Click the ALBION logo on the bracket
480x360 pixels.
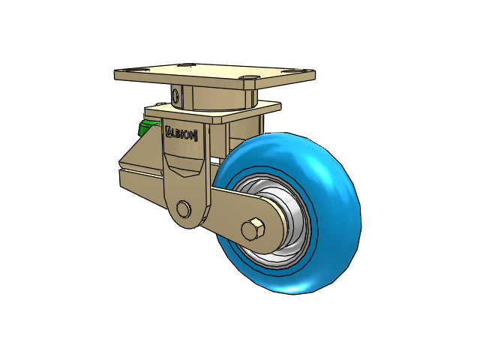181,133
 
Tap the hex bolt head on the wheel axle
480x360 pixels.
253,229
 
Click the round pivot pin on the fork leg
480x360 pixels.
184,210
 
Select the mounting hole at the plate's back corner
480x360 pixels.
187,65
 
